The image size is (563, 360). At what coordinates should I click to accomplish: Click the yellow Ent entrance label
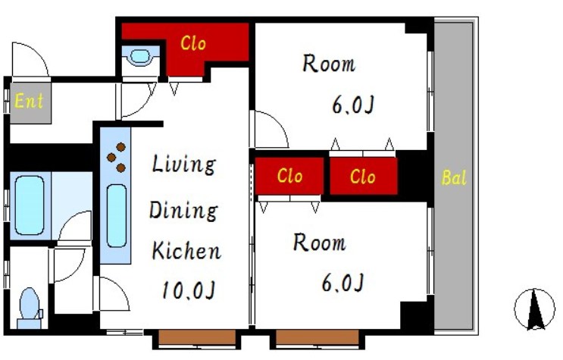[29, 101]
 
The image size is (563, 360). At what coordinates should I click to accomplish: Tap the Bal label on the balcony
[454, 177]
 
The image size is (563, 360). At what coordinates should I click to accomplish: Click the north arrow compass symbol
[535, 309]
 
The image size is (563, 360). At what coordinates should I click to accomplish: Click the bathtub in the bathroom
[30, 205]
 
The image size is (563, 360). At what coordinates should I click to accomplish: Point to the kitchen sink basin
[117, 216]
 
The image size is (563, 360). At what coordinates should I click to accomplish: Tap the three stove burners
[117, 158]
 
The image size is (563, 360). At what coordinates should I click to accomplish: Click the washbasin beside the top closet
[140, 57]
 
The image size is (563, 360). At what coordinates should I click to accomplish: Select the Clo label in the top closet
[193, 43]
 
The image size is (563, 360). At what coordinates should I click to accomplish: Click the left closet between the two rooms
[289, 176]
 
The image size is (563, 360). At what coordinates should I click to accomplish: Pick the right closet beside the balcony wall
[364, 177]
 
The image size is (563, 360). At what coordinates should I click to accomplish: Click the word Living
[184, 164]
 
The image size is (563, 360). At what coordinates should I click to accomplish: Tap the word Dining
[183, 211]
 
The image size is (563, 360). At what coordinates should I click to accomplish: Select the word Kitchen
[186, 251]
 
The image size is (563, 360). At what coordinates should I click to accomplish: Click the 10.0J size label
[189, 290]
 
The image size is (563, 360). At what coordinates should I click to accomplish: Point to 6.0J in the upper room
[353, 105]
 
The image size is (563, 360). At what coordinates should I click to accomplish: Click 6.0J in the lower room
[343, 283]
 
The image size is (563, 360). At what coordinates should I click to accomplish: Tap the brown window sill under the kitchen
[197, 337]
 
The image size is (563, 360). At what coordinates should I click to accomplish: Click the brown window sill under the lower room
[317, 337]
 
